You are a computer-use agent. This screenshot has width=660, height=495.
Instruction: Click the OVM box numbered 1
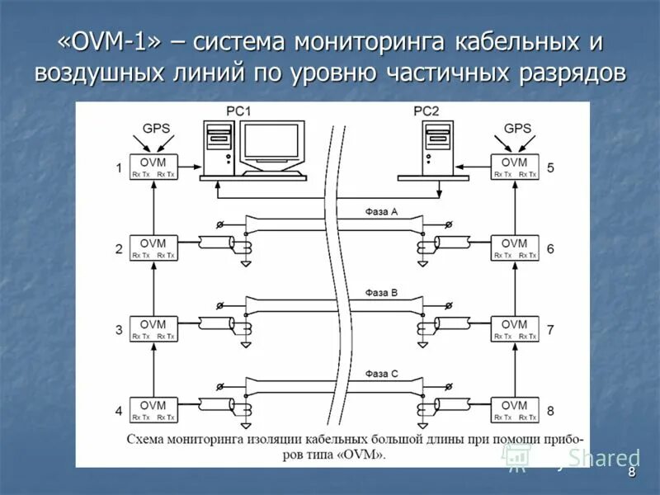tap(153, 167)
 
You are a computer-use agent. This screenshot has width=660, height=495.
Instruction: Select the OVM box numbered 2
tap(153, 248)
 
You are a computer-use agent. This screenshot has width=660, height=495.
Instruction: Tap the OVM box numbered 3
tap(153, 329)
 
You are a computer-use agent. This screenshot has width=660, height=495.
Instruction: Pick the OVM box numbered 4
tap(153, 410)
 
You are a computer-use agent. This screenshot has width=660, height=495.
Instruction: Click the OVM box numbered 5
tap(514, 167)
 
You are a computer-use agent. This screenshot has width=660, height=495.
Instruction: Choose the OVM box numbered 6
tap(514, 248)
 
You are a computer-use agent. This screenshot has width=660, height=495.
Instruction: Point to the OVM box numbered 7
tap(514, 329)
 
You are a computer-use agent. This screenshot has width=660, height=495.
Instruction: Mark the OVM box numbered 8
tap(514, 410)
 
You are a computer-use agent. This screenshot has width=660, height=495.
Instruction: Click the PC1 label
tap(238, 111)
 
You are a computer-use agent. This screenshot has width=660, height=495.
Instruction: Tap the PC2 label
tap(427, 111)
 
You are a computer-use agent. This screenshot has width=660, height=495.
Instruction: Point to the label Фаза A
tap(382, 211)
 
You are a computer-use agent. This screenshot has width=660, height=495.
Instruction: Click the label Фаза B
tap(382, 292)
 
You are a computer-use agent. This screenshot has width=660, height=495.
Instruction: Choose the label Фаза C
tap(382, 374)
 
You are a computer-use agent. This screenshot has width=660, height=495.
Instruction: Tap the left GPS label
tap(157, 129)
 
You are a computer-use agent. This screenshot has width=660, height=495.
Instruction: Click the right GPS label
tap(517, 129)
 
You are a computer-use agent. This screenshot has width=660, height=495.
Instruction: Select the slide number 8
tap(632, 473)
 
